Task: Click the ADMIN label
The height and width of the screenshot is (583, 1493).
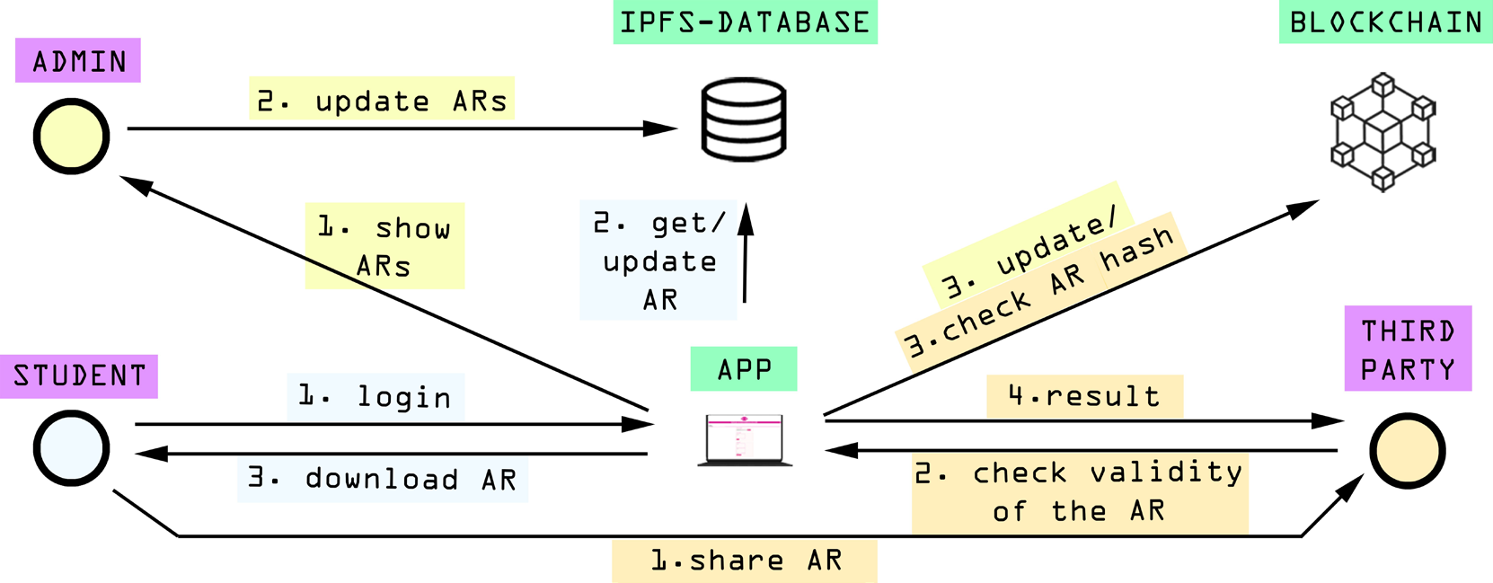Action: pyautogui.click(x=78, y=61)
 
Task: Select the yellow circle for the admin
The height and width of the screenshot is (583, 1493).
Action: pyautogui.click(x=72, y=137)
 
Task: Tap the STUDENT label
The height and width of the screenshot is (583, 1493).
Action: pyautogui.click(x=79, y=375)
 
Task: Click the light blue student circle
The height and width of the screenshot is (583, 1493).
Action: pyautogui.click(x=72, y=448)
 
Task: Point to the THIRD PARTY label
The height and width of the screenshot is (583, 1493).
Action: pyautogui.click(x=1408, y=349)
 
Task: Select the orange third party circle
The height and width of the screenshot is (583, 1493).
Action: pyautogui.click(x=1407, y=451)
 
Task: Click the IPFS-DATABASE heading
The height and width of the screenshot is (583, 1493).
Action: pyautogui.click(x=745, y=22)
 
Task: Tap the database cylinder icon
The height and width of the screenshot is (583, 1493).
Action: pyautogui.click(x=744, y=119)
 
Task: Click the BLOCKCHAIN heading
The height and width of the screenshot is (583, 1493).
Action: pyautogui.click(x=1385, y=22)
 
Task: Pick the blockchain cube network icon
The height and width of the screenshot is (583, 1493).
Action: pyautogui.click(x=1383, y=132)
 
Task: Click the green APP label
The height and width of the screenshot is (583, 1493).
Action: pyautogui.click(x=744, y=369)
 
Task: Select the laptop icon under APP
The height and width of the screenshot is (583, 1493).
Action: pyautogui.click(x=745, y=439)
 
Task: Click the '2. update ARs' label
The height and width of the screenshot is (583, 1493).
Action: pyautogui.click(x=382, y=100)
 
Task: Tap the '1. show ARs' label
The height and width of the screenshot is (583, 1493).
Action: pyautogui.click(x=384, y=246)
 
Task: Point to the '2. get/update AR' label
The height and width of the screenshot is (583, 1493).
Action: pyautogui.click(x=658, y=261)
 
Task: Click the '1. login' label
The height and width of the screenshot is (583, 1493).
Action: pyautogui.click(x=375, y=396)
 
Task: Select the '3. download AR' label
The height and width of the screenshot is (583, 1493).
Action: pyautogui.click(x=383, y=479)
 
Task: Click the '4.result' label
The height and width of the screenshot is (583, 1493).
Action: pyautogui.click(x=1084, y=396)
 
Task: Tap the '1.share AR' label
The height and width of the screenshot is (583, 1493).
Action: pyautogui.click(x=745, y=561)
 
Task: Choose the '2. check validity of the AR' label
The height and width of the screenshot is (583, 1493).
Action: pyautogui.click(x=1079, y=491)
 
